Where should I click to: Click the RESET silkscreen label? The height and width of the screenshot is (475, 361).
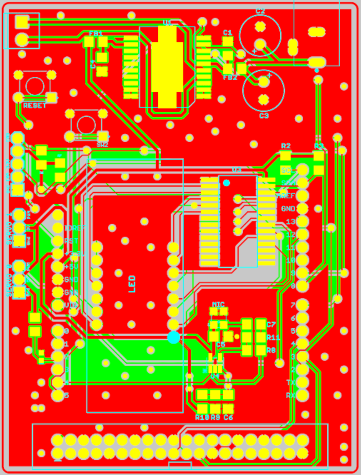pos(35,106)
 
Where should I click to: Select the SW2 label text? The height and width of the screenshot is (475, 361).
pos(102,145)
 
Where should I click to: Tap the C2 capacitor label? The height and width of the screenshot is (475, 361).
pos(260,11)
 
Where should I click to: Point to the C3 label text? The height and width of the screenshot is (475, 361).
pos(264,116)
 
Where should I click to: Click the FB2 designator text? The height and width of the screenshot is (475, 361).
pos(230,77)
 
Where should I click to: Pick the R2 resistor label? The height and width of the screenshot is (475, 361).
pos(286,146)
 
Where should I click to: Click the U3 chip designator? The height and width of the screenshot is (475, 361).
pos(237,170)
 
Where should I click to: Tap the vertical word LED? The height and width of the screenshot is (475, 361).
pos(132,284)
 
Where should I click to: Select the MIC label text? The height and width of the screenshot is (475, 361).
pos(218,304)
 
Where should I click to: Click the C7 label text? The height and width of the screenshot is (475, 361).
pos(271,324)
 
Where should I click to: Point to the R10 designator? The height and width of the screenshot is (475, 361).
pos(202,417)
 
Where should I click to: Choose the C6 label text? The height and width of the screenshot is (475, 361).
pos(228,417)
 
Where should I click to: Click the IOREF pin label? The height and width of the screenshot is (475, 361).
pos(74,228)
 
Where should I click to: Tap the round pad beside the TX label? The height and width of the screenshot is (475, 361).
pos(302,382)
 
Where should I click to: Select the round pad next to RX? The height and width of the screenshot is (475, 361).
pos(302,395)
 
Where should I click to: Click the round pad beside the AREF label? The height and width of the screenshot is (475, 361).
pos(302,196)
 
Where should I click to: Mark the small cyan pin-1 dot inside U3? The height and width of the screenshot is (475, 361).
pos(227,183)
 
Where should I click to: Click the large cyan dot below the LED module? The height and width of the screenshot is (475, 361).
pos(174,337)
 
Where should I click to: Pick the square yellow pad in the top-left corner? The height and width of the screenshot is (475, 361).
pos(22,22)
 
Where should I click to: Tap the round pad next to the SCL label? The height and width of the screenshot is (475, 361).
pos(302,170)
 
